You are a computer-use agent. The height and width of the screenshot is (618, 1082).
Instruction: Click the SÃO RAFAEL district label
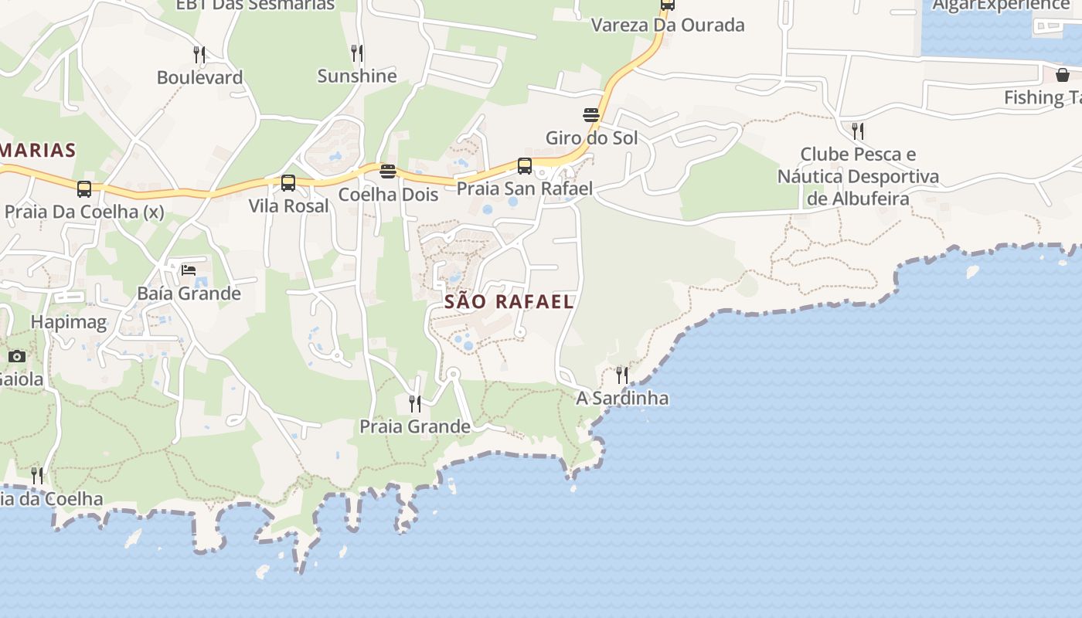509,301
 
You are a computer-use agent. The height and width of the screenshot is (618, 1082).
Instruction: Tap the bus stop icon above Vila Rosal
288,183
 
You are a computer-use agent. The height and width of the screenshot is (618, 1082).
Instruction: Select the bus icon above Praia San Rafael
525,166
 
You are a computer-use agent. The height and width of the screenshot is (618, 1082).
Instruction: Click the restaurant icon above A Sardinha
622,375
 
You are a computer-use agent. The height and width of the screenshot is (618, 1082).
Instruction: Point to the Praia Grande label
415,426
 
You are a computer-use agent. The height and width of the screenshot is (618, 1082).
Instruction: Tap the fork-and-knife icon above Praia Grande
415,403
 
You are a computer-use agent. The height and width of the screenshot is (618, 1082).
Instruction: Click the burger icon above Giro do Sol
592,115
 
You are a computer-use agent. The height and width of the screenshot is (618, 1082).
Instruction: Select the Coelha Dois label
388,195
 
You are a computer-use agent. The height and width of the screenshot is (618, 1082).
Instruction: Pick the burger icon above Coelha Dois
388,171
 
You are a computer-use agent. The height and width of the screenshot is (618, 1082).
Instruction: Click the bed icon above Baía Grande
189,270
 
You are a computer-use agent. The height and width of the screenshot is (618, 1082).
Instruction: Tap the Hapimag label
69,321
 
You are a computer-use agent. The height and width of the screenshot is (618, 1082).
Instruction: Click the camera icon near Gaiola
17,356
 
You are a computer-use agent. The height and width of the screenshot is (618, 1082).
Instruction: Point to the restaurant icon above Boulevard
199,54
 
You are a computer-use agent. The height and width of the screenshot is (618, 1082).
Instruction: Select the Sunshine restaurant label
357,76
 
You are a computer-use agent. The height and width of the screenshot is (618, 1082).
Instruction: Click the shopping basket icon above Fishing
1063,75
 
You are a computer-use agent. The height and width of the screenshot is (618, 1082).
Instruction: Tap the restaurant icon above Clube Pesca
858,131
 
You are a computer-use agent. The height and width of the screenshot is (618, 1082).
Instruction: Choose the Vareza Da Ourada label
668,25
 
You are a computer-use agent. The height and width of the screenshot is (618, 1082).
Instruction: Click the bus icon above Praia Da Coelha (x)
84,188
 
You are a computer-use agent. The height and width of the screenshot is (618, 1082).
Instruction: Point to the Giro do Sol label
592,138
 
